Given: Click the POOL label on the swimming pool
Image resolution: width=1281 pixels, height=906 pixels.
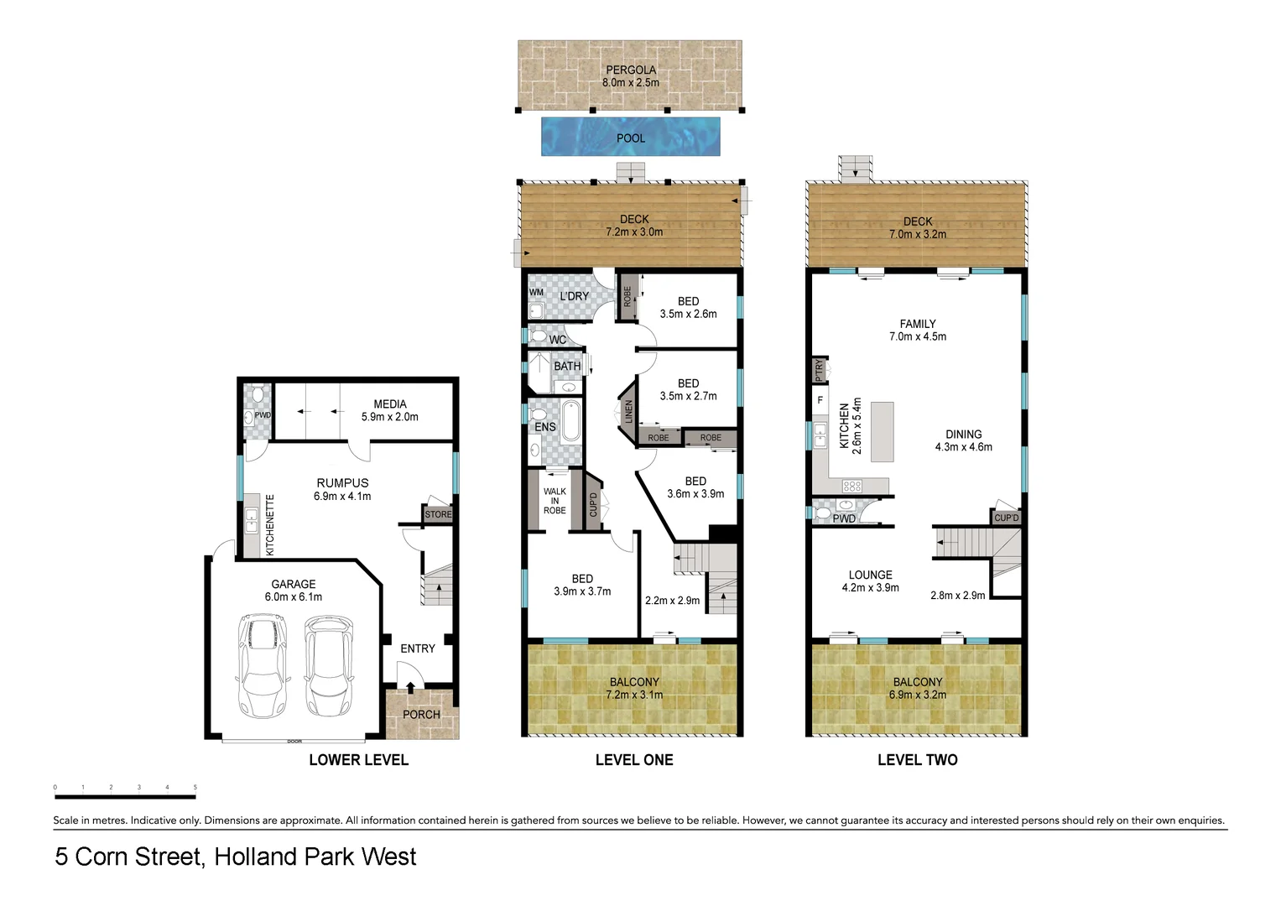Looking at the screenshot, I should point(631,138).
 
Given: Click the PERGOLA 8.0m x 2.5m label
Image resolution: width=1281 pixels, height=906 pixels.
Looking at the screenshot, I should point(631,76).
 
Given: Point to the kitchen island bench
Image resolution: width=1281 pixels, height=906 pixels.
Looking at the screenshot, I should point(882,432).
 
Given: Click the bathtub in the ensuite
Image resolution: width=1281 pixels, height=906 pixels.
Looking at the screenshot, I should point(570,421).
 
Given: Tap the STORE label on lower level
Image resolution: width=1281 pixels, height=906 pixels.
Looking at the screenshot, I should point(438,514).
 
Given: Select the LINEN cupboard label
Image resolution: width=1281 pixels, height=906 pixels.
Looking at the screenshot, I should point(628,412).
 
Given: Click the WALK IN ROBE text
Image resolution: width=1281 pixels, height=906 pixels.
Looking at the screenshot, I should point(555,501).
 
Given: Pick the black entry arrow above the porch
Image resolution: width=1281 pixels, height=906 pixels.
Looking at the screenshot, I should point(410,688).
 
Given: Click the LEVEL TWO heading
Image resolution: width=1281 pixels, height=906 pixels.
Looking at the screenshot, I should point(917,760).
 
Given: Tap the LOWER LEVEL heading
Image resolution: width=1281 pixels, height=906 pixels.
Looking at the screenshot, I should point(358,760).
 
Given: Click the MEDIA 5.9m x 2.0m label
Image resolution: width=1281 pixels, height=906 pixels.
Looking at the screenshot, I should point(390,410).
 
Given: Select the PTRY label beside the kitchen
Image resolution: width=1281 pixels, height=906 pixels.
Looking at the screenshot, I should point(820,369).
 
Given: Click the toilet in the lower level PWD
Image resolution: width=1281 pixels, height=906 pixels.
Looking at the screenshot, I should point(258,393).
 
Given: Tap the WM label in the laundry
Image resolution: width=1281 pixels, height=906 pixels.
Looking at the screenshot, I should point(536,293).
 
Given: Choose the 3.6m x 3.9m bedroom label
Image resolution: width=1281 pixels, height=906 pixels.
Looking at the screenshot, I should point(695,487).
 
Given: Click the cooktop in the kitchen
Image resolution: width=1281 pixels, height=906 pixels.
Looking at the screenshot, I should point(851,486).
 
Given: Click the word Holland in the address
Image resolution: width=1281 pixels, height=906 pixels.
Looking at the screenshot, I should point(256,857).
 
